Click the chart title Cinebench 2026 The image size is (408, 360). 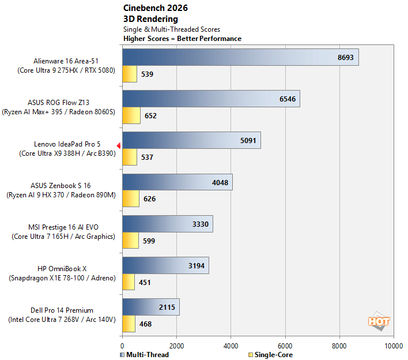pyautogui.click(x=156, y=8)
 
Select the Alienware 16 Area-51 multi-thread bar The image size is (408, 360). pyautogui.click(x=240, y=57)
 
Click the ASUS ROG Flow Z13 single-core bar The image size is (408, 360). pyautogui.click(x=131, y=115)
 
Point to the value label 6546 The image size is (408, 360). pyautogui.click(x=288, y=99)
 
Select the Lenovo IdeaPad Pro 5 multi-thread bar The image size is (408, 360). pyautogui.click(x=191, y=140)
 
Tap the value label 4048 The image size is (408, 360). pyautogui.click(x=221, y=182)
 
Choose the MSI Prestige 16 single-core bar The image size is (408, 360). pyautogui.click(x=130, y=241)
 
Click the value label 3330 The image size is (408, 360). pyautogui.click(x=201, y=224)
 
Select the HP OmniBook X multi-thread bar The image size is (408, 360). pyautogui.click(x=165, y=265)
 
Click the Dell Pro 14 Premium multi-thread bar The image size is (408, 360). pyautogui.click(x=150, y=307)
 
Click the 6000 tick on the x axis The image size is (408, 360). pyautogui.click(x=285, y=346)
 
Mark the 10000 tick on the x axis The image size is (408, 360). pyautogui.click(x=394, y=346)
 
